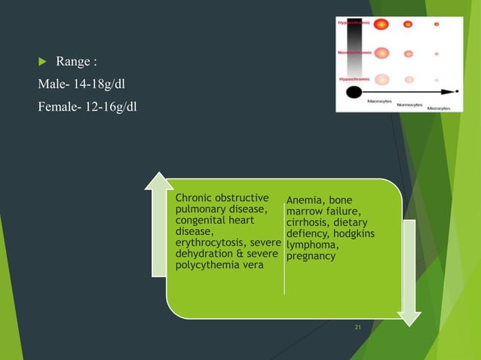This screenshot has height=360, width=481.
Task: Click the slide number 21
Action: coord(357,327)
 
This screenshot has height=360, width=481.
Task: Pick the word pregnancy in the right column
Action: coord(311,256)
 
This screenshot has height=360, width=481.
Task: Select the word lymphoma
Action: coord(312,245)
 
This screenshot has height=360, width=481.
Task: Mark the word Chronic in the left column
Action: coord(197,198)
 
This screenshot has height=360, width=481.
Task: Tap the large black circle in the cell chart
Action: coord(353,93)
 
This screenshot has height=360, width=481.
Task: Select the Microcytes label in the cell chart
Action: coord(438,108)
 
